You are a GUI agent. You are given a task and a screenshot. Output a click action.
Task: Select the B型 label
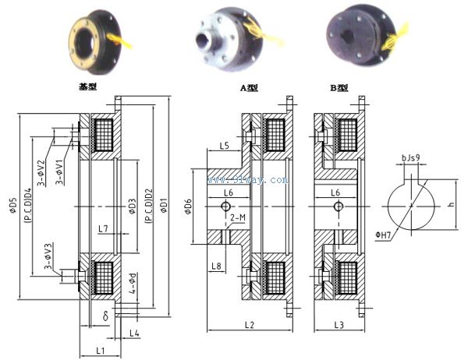pyautogui.click(x=338, y=88)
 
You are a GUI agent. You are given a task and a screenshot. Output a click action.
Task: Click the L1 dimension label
pyautogui.click(x=101, y=351)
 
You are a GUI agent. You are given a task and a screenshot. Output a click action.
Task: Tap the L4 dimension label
pyautogui.click(x=134, y=334)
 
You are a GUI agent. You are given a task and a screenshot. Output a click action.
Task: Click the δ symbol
pyautogui.click(x=106, y=316)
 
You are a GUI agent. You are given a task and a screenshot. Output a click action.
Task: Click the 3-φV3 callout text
pyautogui.click(x=48, y=257)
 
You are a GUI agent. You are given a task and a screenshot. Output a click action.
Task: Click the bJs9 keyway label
pyautogui.click(x=411, y=158)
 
